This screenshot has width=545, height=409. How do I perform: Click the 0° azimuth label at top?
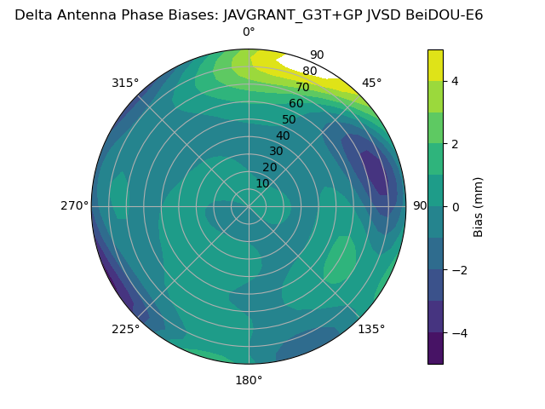pos(249,32)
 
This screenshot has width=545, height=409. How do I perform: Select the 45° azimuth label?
pos(372,83)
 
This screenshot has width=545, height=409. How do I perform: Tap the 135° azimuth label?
pos(371,329)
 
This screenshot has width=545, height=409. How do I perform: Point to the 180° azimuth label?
pos(249,380)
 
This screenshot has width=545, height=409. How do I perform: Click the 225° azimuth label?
pos(125,329)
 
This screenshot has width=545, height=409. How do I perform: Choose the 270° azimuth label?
pos(74,205)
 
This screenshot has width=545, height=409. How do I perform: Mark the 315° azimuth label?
pos(125,83)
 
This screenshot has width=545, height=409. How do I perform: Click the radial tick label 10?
pos(262,183)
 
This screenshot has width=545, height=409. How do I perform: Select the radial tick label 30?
pos(276,152)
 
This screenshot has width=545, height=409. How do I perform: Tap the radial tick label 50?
pos(289,119)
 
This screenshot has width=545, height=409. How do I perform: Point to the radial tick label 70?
pos(302,87)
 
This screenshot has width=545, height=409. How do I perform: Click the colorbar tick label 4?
pos(456,81)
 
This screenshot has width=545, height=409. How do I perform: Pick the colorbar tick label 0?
pos(456,206)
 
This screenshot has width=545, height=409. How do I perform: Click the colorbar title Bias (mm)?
pos(479,206)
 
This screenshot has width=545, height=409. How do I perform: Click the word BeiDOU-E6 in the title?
pos(448,14)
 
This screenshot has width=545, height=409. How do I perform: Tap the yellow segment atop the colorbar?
pos(435,65)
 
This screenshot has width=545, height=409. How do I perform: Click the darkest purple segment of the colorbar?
pos(435,348)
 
